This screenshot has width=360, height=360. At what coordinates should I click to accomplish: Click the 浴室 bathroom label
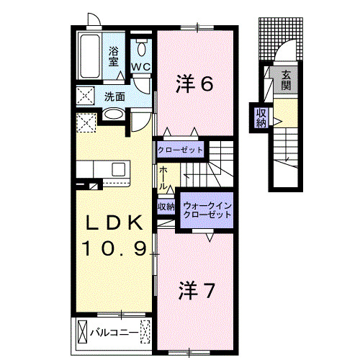pyautogui.click(x=114, y=56)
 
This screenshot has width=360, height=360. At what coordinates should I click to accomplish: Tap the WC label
pyautogui.click(x=141, y=68)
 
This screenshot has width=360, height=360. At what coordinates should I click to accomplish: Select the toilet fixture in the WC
pyautogui.click(x=141, y=48)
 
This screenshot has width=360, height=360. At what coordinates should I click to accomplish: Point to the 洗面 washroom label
pyautogui.click(x=114, y=96)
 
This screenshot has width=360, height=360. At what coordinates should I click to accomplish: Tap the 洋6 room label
pyautogui.click(x=194, y=84)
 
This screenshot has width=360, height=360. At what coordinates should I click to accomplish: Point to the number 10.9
pyautogui.click(x=114, y=250)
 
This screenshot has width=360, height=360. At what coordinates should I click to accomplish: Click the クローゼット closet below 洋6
pyautogui.click(x=180, y=150)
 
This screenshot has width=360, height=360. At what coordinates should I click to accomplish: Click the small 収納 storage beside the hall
pyautogui.click(x=166, y=206)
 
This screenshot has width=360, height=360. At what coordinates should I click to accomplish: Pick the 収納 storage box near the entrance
pyautogui.click(x=259, y=116)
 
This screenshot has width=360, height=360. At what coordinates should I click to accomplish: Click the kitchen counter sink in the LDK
pyautogui.click(x=117, y=170)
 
